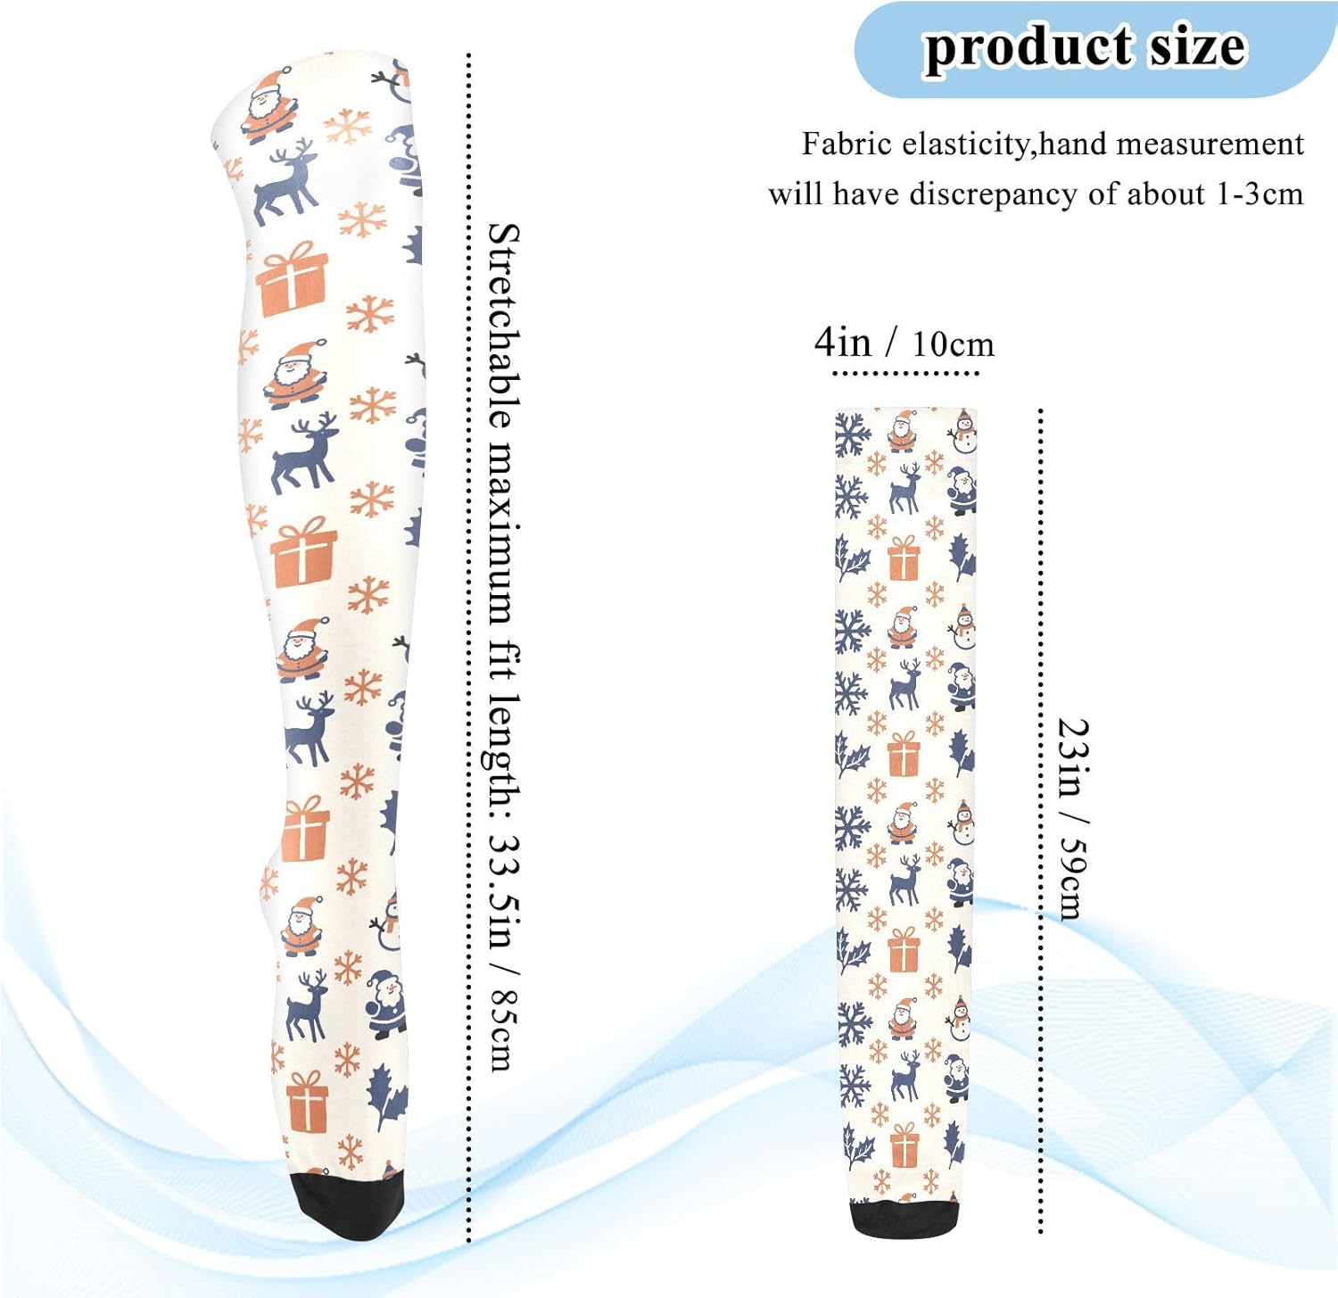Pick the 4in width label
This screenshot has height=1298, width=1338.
click(x=842, y=342)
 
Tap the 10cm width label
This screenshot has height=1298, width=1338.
click(x=953, y=344)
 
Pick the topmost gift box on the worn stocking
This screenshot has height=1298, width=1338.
click(x=293, y=278)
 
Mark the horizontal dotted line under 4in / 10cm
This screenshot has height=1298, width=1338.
click(x=904, y=373)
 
